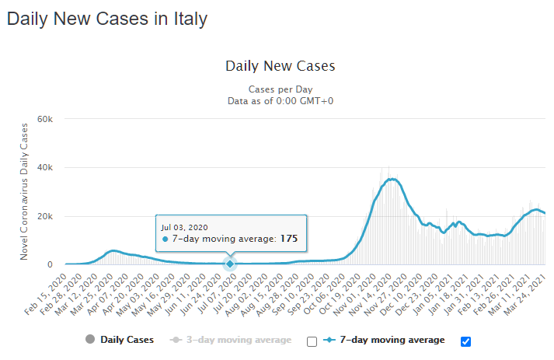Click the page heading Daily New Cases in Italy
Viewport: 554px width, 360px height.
coord(107,19)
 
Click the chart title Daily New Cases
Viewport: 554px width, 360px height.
coord(280,66)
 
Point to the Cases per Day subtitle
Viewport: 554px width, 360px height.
coord(280,89)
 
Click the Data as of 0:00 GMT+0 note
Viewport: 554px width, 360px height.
coord(280,100)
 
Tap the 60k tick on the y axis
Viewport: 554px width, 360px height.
coord(44,119)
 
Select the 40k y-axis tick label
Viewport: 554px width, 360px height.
coord(44,168)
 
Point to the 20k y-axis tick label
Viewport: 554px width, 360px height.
coord(44,216)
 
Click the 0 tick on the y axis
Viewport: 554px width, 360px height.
coord(49,264)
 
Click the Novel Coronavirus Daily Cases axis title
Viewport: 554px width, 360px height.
coord(24,191)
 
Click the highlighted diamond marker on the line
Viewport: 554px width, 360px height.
coord(230,264)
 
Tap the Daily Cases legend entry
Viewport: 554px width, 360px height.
coord(127,340)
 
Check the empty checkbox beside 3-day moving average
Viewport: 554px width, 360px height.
coord(312,341)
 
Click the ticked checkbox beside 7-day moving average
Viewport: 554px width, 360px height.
coord(466,341)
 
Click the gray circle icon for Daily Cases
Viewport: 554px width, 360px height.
coord(90,340)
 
